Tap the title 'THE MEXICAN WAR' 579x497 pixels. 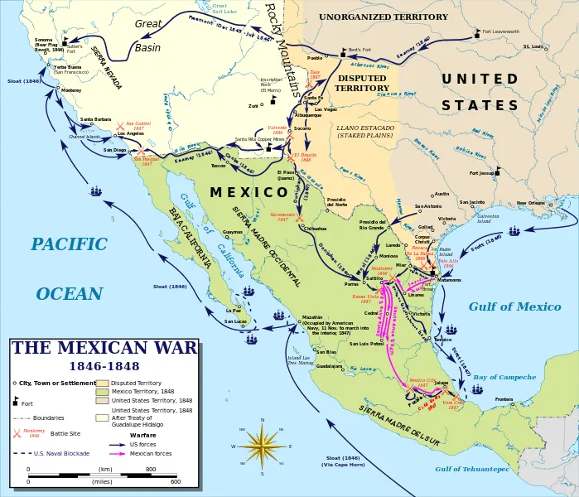(104, 348)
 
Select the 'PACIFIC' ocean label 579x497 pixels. (70, 244)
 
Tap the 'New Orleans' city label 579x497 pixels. (532, 202)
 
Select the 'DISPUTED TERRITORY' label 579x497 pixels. (361, 83)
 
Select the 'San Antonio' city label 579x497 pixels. (428, 206)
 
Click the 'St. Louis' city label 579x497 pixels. (533, 46)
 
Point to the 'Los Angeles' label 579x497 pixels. (132, 133)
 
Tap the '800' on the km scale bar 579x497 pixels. (152, 469)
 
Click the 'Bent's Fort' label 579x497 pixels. (359, 50)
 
